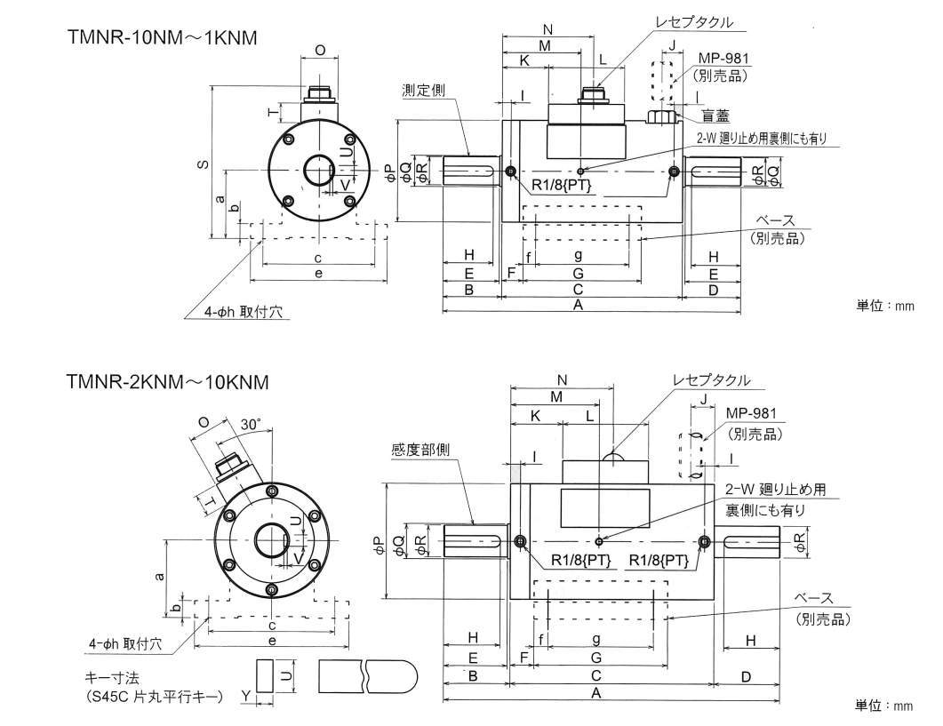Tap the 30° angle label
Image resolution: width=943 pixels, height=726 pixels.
coord(251,425)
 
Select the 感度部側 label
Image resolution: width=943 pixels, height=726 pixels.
coord(420,450)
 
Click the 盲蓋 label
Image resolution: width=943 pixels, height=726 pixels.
coord(715,115)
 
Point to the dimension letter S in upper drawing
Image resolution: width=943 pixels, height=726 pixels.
coord(204,164)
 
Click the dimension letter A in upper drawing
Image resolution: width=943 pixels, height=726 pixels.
coord(578,305)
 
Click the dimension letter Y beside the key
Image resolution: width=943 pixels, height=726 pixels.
coord(244,694)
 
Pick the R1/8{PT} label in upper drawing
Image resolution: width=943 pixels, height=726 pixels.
coord(562,185)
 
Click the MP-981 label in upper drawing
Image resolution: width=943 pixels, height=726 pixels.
coord(723,59)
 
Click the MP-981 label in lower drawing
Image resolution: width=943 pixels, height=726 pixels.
coord(752,413)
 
